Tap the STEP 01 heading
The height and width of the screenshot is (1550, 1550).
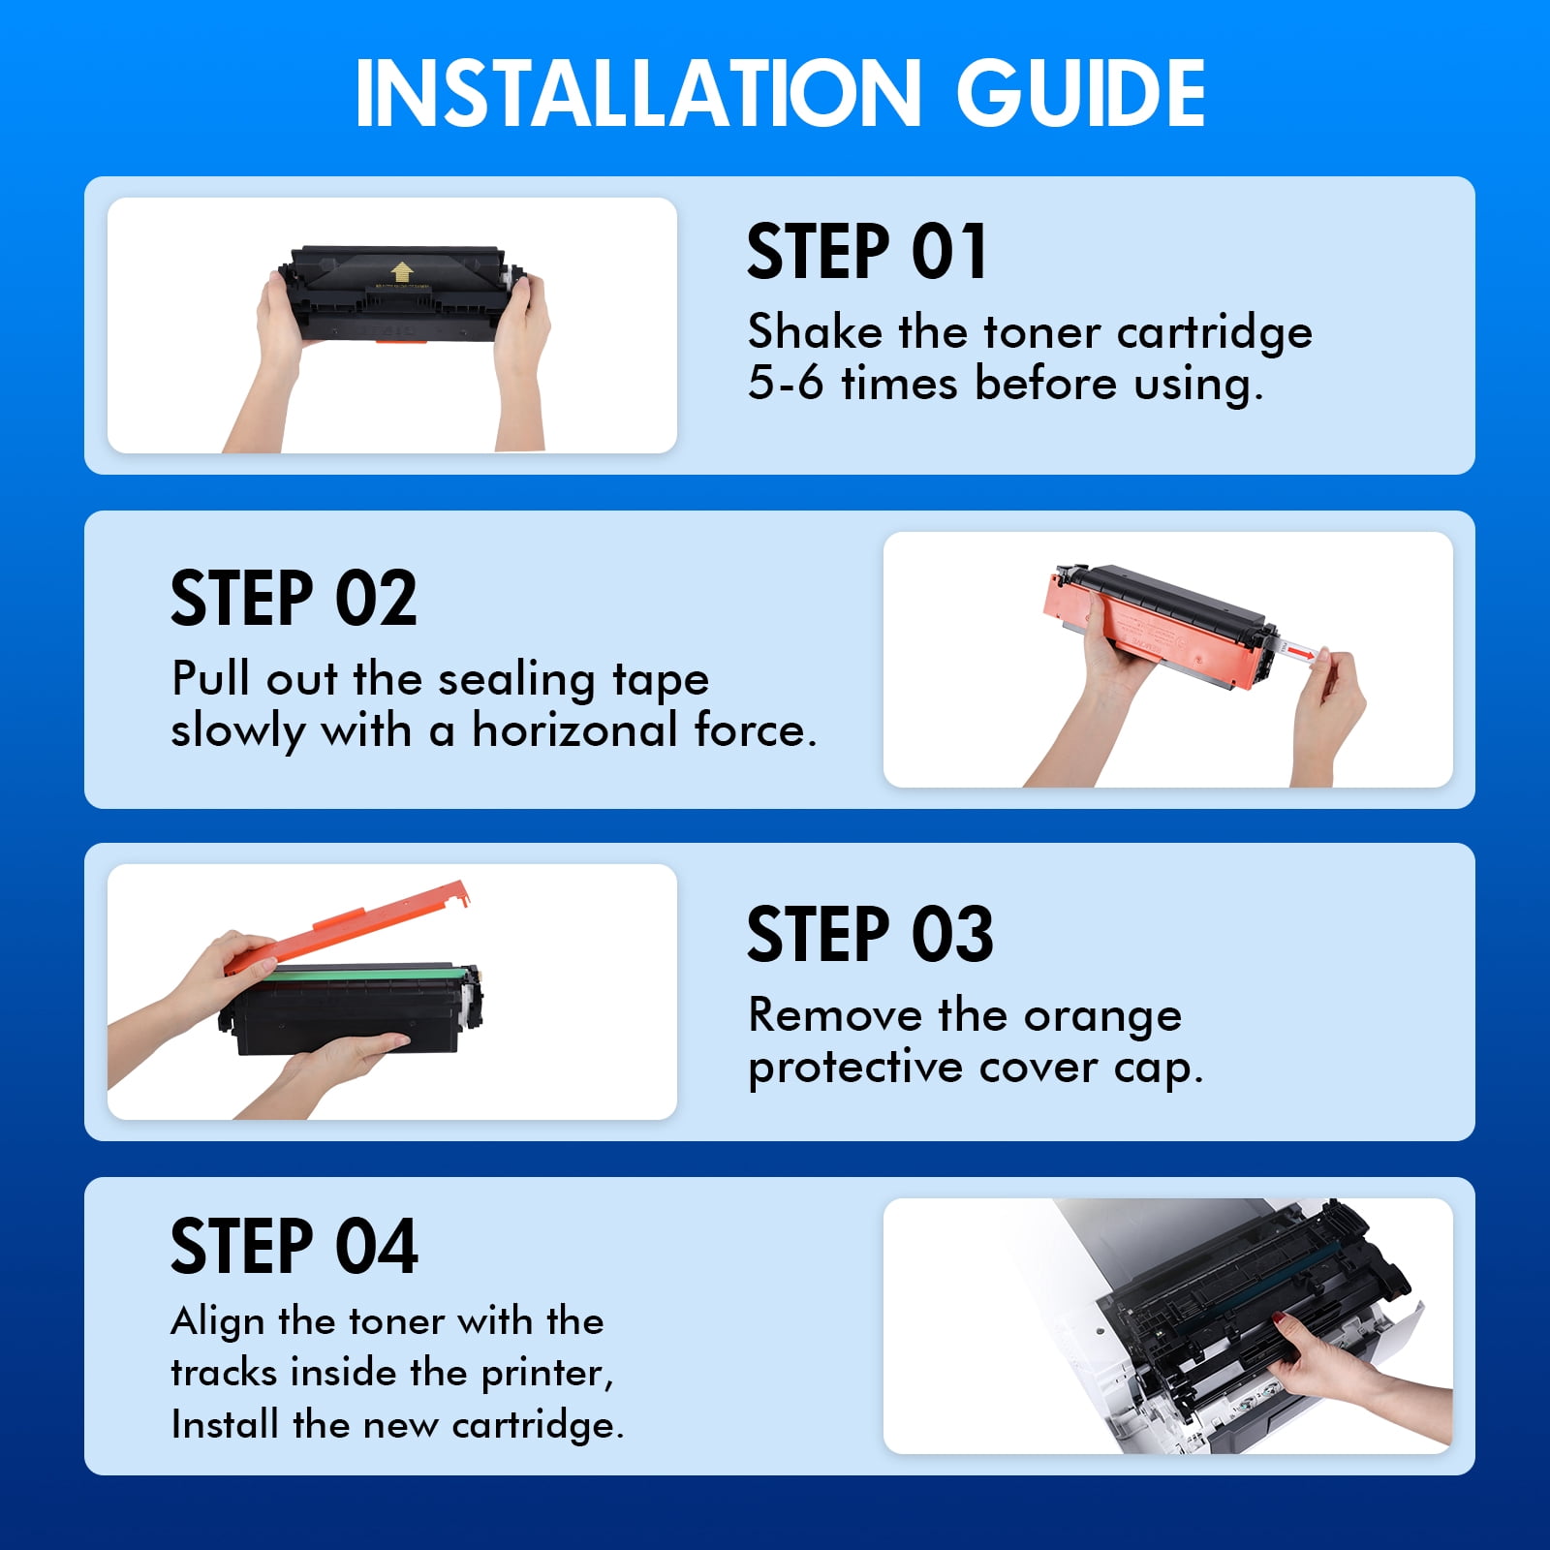click(x=867, y=252)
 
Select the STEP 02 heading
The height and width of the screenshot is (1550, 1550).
click(x=294, y=598)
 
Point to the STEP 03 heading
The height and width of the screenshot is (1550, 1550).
click(x=870, y=934)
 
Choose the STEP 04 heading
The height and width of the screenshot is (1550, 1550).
click(x=294, y=1246)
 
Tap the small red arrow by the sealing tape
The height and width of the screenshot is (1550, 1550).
click(x=1305, y=655)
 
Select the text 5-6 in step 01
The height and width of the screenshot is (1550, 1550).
click(x=785, y=383)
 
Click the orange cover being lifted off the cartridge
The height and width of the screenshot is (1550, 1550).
click(x=348, y=928)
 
